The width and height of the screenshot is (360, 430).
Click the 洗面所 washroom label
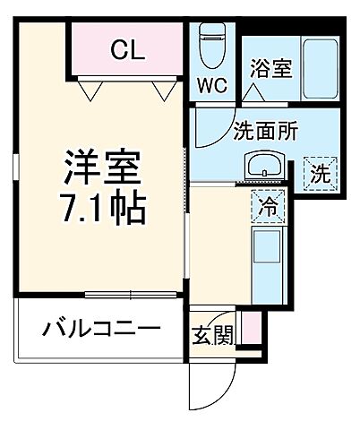[266, 129]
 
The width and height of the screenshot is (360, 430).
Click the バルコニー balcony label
[101, 331]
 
